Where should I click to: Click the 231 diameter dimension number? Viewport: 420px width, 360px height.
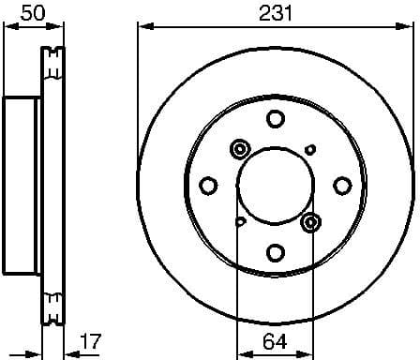pyautogui.click(x=276, y=13)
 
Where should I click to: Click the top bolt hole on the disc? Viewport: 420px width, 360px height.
pyautogui.click(x=275, y=118)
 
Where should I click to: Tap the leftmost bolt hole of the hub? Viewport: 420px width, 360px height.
pyautogui.click(x=208, y=185)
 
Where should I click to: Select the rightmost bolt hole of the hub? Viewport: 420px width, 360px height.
pyautogui.click(x=341, y=185)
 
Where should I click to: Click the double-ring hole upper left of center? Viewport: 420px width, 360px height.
pyautogui.click(x=238, y=148)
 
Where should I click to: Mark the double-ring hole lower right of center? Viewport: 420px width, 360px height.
pyautogui.click(x=311, y=222)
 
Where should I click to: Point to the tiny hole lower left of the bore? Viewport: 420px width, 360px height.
pyautogui.click(x=240, y=221)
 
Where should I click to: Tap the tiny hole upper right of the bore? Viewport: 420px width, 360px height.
pyautogui.click(x=310, y=149)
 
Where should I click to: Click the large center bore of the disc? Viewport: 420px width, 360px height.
pyautogui.click(x=275, y=185)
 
